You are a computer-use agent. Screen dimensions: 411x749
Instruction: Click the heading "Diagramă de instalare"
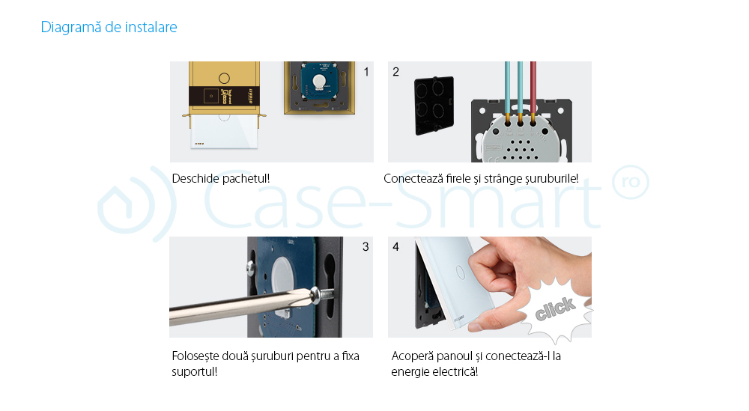[109, 28]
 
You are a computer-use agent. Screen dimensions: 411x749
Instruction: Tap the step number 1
[366, 72]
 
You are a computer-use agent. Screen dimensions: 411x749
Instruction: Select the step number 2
[395, 72]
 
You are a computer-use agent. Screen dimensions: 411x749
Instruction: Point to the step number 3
[366, 246]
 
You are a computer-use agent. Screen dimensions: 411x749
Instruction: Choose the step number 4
[395, 246]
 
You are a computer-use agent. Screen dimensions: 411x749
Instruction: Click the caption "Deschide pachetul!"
[220, 179]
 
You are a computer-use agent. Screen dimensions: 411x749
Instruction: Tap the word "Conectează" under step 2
[412, 179]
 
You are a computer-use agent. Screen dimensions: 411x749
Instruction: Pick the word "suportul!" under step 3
[195, 371]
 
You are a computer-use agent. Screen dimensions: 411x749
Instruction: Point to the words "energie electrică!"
[434, 371]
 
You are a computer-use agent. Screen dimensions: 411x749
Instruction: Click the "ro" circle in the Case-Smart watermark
[630, 183]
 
